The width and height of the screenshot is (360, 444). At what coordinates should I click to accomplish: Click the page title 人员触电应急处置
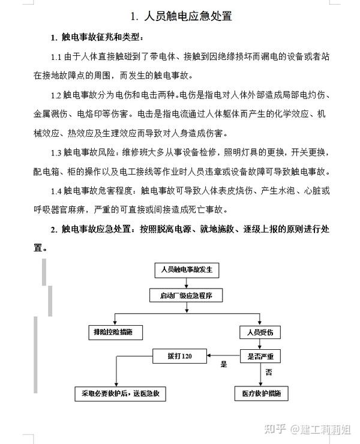click(x=188, y=16)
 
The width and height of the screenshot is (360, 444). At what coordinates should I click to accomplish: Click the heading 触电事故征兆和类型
click(x=101, y=37)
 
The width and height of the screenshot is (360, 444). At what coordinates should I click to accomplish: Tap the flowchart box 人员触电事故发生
click(x=187, y=270)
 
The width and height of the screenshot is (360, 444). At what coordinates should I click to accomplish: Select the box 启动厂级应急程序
click(x=186, y=295)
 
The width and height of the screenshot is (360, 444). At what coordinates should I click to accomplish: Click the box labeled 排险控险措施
click(x=116, y=332)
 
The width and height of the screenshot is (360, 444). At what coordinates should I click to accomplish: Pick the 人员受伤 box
click(x=260, y=332)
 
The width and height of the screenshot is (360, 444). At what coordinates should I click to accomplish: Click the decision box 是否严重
click(x=260, y=356)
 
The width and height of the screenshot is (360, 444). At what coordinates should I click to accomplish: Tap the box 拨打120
click(x=179, y=356)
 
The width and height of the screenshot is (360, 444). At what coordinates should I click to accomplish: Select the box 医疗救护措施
click(x=262, y=394)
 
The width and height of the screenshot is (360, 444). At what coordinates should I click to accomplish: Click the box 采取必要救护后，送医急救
click(x=121, y=394)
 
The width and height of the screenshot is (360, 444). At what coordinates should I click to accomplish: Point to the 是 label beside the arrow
click(x=224, y=364)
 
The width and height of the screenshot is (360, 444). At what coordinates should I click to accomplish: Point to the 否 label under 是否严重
click(x=269, y=372)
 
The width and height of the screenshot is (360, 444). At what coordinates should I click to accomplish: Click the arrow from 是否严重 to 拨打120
click(x=223, y=356)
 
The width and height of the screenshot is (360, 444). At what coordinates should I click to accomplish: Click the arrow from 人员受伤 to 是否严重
click(x=260, y=344)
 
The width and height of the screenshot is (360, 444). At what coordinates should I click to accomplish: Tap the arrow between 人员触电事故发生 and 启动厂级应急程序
click(x=187, y=283)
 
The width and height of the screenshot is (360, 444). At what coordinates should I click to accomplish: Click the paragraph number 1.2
click(x=56, y=95)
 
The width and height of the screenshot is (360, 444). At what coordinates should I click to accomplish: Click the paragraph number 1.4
click(x=56, y=191)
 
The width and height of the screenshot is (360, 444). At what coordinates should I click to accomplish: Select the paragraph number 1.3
click(x=56, y=153)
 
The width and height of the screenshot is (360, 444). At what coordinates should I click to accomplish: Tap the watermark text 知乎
click(x=275, y=429)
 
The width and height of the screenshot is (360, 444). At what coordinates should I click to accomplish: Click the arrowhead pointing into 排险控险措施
click(x=115, y=322)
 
